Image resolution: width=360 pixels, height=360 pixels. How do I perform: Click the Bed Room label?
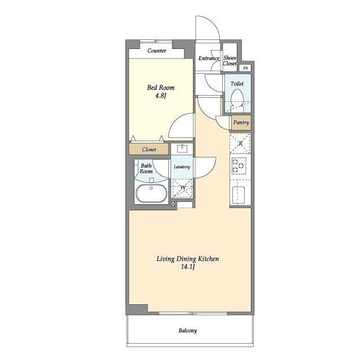pos(160,88)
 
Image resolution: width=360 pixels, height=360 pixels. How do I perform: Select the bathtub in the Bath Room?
pos(151,193)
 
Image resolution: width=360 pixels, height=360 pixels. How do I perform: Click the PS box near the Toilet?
pos(245,68)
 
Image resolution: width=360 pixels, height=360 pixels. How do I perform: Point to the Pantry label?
pos(241,123)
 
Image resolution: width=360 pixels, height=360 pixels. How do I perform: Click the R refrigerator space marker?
pos(240,144)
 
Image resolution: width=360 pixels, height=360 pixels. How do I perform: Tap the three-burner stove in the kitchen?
pos(238,165)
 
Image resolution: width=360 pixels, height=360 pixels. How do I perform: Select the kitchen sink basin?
pos(238,195)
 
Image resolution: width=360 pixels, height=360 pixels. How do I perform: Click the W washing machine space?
pos(182,188)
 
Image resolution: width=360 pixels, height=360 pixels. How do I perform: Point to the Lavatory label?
pos(182,167)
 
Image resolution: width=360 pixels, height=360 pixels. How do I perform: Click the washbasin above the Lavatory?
pos(182,148)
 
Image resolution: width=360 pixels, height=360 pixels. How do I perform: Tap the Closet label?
pos(148,150)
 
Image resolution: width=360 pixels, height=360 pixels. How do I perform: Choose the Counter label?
pos(157,51)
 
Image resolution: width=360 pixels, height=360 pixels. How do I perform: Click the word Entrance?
pos(209,58)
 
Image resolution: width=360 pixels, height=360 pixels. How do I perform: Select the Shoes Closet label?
pos(230,61)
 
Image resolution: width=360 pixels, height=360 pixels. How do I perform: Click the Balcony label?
pos(187,331)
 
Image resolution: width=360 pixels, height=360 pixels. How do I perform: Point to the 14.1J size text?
pos(188,267)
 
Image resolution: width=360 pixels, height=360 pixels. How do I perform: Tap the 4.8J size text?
pos(160,96)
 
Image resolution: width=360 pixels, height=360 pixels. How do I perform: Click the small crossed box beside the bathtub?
pos(173,204)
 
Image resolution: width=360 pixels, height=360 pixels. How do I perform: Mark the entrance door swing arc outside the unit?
pos(214,24)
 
